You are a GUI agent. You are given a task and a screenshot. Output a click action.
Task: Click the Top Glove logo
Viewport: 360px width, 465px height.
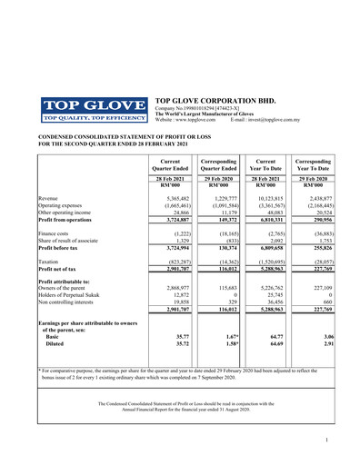[94, 108]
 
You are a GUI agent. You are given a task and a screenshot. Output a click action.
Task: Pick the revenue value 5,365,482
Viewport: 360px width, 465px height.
[172, 197]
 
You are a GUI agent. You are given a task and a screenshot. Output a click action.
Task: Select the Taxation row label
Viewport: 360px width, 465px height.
[52, 260]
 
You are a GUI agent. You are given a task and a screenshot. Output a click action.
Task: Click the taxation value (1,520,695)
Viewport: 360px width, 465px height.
[273, 260]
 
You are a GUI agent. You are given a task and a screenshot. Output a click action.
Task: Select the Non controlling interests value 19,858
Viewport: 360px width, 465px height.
[176, 302]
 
